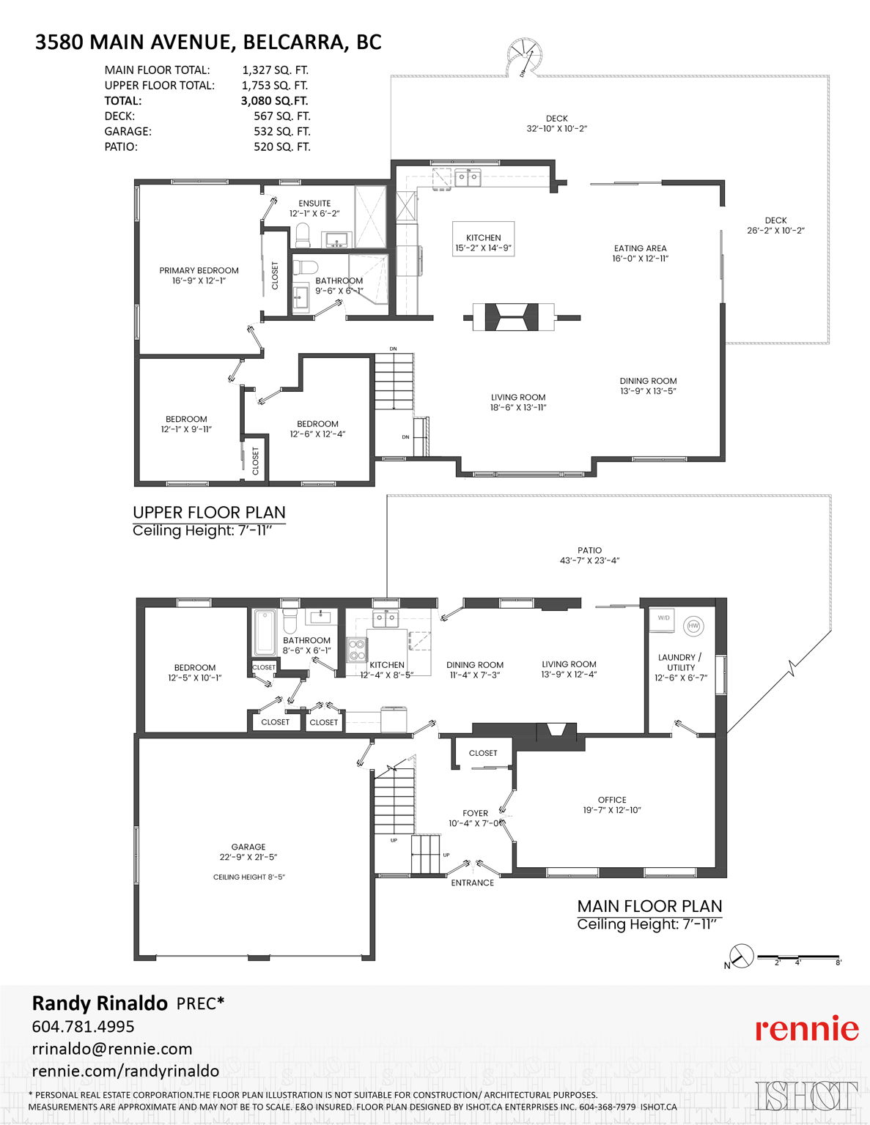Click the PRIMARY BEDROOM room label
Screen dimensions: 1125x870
[199, 270]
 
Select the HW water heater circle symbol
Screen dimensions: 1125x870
[693, 626]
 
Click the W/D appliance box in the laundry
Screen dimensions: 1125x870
[663, 619]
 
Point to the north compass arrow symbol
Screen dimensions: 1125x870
[741, 956]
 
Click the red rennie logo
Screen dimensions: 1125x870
[806, 1029]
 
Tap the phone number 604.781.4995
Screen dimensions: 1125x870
[83, 1027]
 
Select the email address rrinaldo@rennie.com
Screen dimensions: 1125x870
[111, 1049]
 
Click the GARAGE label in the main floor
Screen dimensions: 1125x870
[248, 847]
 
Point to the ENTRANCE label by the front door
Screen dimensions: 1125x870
[472, 883]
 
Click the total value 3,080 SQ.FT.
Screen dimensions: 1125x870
[274, 101]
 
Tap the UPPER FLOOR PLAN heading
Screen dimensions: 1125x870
[209, 513]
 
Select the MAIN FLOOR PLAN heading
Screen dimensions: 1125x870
[649, 906]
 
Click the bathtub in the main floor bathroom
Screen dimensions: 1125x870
[265, 632]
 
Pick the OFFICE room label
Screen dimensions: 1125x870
[612, 800]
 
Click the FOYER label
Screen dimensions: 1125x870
[475, 813]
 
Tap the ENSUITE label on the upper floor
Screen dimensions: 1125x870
[314, 203]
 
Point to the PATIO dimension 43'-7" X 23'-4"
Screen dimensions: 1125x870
[589, 560]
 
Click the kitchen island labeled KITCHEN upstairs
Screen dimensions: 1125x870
[483, 238]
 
